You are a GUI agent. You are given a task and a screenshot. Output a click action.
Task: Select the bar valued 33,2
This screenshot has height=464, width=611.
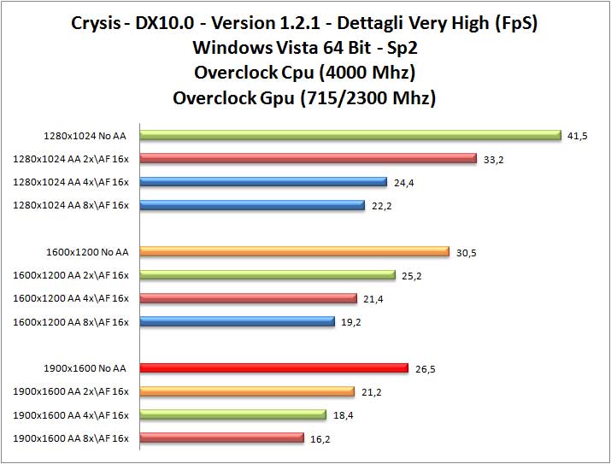point(308,158)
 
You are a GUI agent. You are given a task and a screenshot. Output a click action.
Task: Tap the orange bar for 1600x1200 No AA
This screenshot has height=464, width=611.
point(294,251)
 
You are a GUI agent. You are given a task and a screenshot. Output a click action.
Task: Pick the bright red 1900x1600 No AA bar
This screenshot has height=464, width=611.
point(273,368)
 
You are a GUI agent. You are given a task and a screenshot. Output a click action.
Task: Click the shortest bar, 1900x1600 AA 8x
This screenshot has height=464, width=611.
point(221,438)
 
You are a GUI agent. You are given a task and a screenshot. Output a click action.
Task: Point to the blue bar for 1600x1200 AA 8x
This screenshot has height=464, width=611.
point(237,321)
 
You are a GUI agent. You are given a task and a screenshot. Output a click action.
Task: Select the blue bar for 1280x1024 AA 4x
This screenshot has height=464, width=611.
point(263,181)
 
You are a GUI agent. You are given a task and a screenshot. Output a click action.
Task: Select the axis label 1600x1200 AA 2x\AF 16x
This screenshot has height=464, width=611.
point(71,275)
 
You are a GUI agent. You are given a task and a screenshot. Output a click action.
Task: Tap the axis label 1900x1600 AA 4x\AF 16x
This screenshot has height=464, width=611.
point(71,415)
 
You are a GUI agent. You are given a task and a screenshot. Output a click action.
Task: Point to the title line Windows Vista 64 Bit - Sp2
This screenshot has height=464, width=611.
point(305,47)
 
